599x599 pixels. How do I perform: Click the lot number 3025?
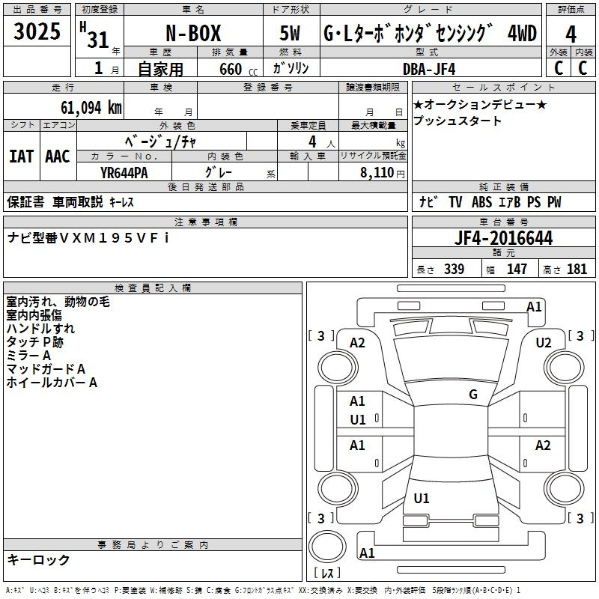(37, 31)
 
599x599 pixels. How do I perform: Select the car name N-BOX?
(193, 33)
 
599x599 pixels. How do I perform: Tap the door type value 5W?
(290, 33)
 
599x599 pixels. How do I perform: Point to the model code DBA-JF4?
(429, 69)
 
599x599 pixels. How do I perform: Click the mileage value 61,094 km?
(91, 107)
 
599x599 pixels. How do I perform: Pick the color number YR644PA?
(124, 173)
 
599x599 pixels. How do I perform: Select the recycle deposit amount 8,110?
(377, 172)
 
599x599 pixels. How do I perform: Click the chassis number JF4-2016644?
(503, 238)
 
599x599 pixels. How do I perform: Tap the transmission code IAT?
(22, 156)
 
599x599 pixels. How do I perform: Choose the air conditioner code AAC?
(58, 156)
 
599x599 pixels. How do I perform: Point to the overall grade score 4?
(571, 34)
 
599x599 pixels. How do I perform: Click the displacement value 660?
(231, 69)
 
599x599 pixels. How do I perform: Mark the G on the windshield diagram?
(473, 395)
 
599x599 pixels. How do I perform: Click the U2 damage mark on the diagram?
(544, 343)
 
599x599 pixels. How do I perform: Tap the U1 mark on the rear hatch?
(422, 498)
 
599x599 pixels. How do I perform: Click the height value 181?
(577, 269)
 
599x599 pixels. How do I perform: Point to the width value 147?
(517, 269)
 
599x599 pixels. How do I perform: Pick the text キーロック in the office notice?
(38, 559)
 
